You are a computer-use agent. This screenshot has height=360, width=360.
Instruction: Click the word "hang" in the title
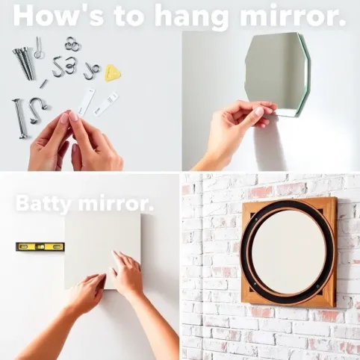[191, 16]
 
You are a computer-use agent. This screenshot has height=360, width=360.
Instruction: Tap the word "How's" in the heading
[58, 16]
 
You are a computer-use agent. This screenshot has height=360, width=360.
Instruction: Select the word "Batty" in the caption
[43, 204]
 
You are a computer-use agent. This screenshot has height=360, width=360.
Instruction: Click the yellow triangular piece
[112, 72]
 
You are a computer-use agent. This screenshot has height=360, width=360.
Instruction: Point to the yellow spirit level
[40, 246]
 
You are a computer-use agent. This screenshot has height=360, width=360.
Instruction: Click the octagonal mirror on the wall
[278, 75]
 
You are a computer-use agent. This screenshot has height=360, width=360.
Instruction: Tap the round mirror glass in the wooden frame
[288, 252]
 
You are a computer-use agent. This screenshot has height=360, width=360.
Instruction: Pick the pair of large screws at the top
[24, 63]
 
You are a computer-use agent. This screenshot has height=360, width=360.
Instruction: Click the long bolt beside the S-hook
[19, 119]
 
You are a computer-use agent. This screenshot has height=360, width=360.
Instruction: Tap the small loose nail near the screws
[43, 84]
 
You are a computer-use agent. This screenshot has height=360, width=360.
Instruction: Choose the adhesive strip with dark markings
[106, 104]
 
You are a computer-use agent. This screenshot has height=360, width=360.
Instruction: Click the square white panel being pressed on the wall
[102, 251]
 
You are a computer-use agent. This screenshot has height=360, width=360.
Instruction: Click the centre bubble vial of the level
[40, 246]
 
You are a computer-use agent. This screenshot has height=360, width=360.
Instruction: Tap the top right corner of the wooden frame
[336, 198]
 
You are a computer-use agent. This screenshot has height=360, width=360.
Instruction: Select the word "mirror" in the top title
[293, 16]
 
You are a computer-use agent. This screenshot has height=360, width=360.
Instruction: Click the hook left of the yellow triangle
[91, 71]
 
